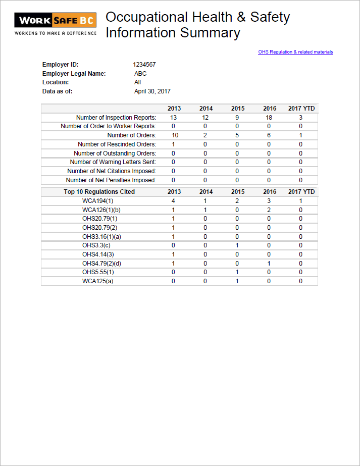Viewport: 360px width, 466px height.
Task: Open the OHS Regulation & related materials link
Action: (x=295, y=52)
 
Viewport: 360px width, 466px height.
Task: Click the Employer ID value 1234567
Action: (x=144, y=65)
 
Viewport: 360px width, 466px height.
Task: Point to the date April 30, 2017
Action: (x=152, y=91)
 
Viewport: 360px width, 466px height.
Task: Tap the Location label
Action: (x=56, y=82)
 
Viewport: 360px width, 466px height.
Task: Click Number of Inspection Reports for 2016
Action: (x=269, y=118)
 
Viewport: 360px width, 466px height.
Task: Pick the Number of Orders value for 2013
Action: (x=175, y=135)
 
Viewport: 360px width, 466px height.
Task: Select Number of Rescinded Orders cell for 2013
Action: (x=173, y=144)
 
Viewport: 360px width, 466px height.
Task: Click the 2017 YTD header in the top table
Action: (x=301, y=109)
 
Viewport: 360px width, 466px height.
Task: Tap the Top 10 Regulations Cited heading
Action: (x=99, y=192)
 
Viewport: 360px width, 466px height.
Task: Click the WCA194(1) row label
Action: (x=98, y=201)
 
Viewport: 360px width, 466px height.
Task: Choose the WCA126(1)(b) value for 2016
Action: (x=269, y=210)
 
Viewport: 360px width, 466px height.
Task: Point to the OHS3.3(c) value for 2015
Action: (x=237, y=245)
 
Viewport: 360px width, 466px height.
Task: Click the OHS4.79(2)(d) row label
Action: (x=101, y=264)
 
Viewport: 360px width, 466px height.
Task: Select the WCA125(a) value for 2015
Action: (x=237, y=281)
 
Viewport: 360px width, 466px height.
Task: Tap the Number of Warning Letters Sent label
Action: (x=113, y=162)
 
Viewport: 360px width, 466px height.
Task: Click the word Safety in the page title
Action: (x=270, y=17)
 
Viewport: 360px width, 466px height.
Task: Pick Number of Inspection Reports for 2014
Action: (x=205, y=118)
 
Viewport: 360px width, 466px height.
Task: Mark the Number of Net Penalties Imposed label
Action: (x=111, y=180)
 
